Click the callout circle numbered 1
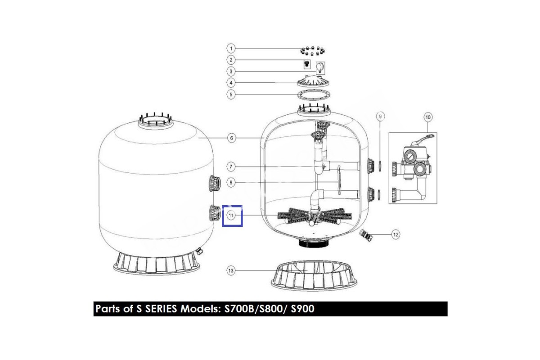[231, 49]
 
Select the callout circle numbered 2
[231, 60]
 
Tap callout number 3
[231, 72]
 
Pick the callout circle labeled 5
[231, 94]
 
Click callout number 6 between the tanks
[232, 138]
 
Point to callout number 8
[231, 183]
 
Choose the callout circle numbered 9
[380, 117]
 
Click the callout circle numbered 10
[428, 117]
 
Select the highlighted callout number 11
[231, 215]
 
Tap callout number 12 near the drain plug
[396, 234]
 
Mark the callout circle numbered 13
[231, 270]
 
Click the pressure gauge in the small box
[320, 68]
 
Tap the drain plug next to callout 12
[366, 235]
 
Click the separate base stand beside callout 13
[314, 276]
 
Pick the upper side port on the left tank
[214, 184]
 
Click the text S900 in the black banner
[302, 309]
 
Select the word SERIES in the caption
[161, 309]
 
